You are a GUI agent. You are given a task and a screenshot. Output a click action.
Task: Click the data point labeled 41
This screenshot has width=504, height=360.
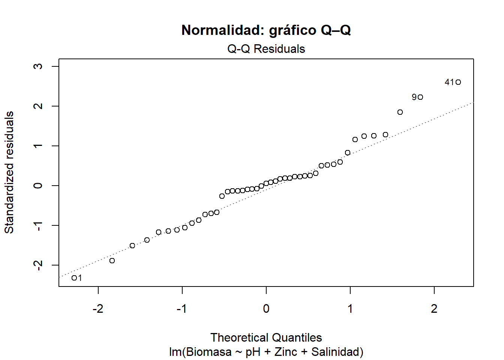[x=458, y=82]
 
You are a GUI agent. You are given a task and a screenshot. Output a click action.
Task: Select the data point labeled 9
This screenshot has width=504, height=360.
[x=420, y=97]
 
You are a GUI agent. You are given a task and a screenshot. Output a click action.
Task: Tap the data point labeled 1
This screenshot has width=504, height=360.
[x=74, y=278]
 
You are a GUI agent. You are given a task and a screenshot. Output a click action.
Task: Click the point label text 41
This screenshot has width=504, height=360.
[x=449, y=82]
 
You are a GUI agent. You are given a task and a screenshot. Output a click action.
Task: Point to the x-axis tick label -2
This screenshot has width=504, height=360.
[x=98, y=309]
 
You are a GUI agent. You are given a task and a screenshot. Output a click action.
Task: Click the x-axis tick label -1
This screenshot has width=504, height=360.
[x=182, y=309]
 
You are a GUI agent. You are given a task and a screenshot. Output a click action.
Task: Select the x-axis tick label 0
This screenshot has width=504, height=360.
[x=266, y=309]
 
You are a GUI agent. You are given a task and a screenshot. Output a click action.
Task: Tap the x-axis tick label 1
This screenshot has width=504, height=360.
[x=350, y=309]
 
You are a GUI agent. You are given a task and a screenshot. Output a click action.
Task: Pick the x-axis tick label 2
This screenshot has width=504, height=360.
[x=434, y=309]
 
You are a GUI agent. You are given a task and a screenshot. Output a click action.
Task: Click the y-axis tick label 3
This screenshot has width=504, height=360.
[x=38, y=66]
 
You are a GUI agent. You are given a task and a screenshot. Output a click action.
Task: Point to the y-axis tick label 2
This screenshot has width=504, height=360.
[x=38, y=106]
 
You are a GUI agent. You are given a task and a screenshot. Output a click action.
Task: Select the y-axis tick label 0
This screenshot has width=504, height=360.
[x=38, y=186]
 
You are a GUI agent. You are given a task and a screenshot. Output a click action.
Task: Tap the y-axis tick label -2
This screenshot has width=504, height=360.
[x=38, y=265]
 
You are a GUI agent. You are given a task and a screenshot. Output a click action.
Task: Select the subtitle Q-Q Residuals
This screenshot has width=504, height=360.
[x=266, y=49]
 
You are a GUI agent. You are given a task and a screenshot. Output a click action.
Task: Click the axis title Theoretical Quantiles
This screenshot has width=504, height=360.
[x=266, y=337]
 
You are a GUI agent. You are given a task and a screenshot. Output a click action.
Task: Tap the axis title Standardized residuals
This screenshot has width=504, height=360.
[x=9, y=172]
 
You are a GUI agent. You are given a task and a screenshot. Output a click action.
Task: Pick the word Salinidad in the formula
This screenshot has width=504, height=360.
[x=337, y=352]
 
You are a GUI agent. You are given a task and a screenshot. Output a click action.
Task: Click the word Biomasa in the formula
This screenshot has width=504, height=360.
[x=208, y=352]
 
